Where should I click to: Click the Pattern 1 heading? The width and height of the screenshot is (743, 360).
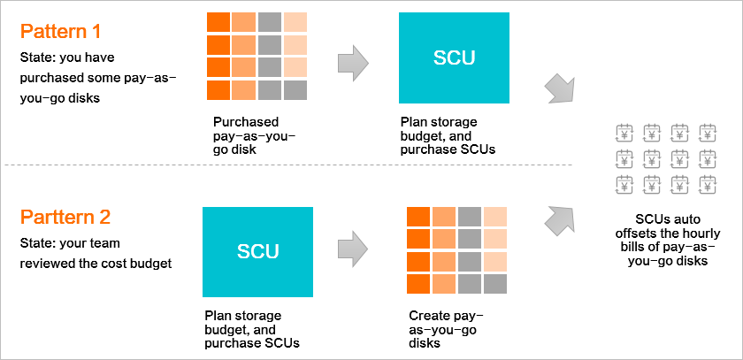tap(61, 32)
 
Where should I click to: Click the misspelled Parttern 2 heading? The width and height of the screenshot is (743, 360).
tap(65, 218)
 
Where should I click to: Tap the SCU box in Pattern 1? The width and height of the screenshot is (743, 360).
tap(454, 57)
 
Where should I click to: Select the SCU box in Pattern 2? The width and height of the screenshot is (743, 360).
tap(257, 252)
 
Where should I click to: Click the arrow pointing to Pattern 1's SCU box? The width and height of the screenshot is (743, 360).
tap(353, 62)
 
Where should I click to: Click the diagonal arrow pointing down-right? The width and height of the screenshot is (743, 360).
tap(560, 88)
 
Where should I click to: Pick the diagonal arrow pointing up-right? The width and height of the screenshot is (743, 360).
tap(560, 221)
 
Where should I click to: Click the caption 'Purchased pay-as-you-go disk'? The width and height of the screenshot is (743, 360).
tap(254, 136)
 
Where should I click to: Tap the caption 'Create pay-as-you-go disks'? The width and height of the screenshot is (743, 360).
tap(446, 329)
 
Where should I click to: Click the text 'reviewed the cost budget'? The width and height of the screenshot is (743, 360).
tap(96, 264)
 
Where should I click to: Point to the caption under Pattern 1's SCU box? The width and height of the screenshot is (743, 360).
tap(448, 136)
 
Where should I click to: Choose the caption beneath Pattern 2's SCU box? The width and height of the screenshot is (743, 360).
tap(252, 329)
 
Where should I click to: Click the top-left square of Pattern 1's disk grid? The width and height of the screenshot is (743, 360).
tap(218, 22)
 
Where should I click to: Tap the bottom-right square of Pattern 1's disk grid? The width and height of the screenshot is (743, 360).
tap(295, 90)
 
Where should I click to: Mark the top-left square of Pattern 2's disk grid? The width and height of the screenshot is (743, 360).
tap(418, 217)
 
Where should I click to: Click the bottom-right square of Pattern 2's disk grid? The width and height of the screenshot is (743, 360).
tap(495, 284)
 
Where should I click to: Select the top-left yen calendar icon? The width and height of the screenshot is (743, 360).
tap(624, 133)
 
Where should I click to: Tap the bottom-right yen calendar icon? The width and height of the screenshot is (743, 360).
tap(708, 184)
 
